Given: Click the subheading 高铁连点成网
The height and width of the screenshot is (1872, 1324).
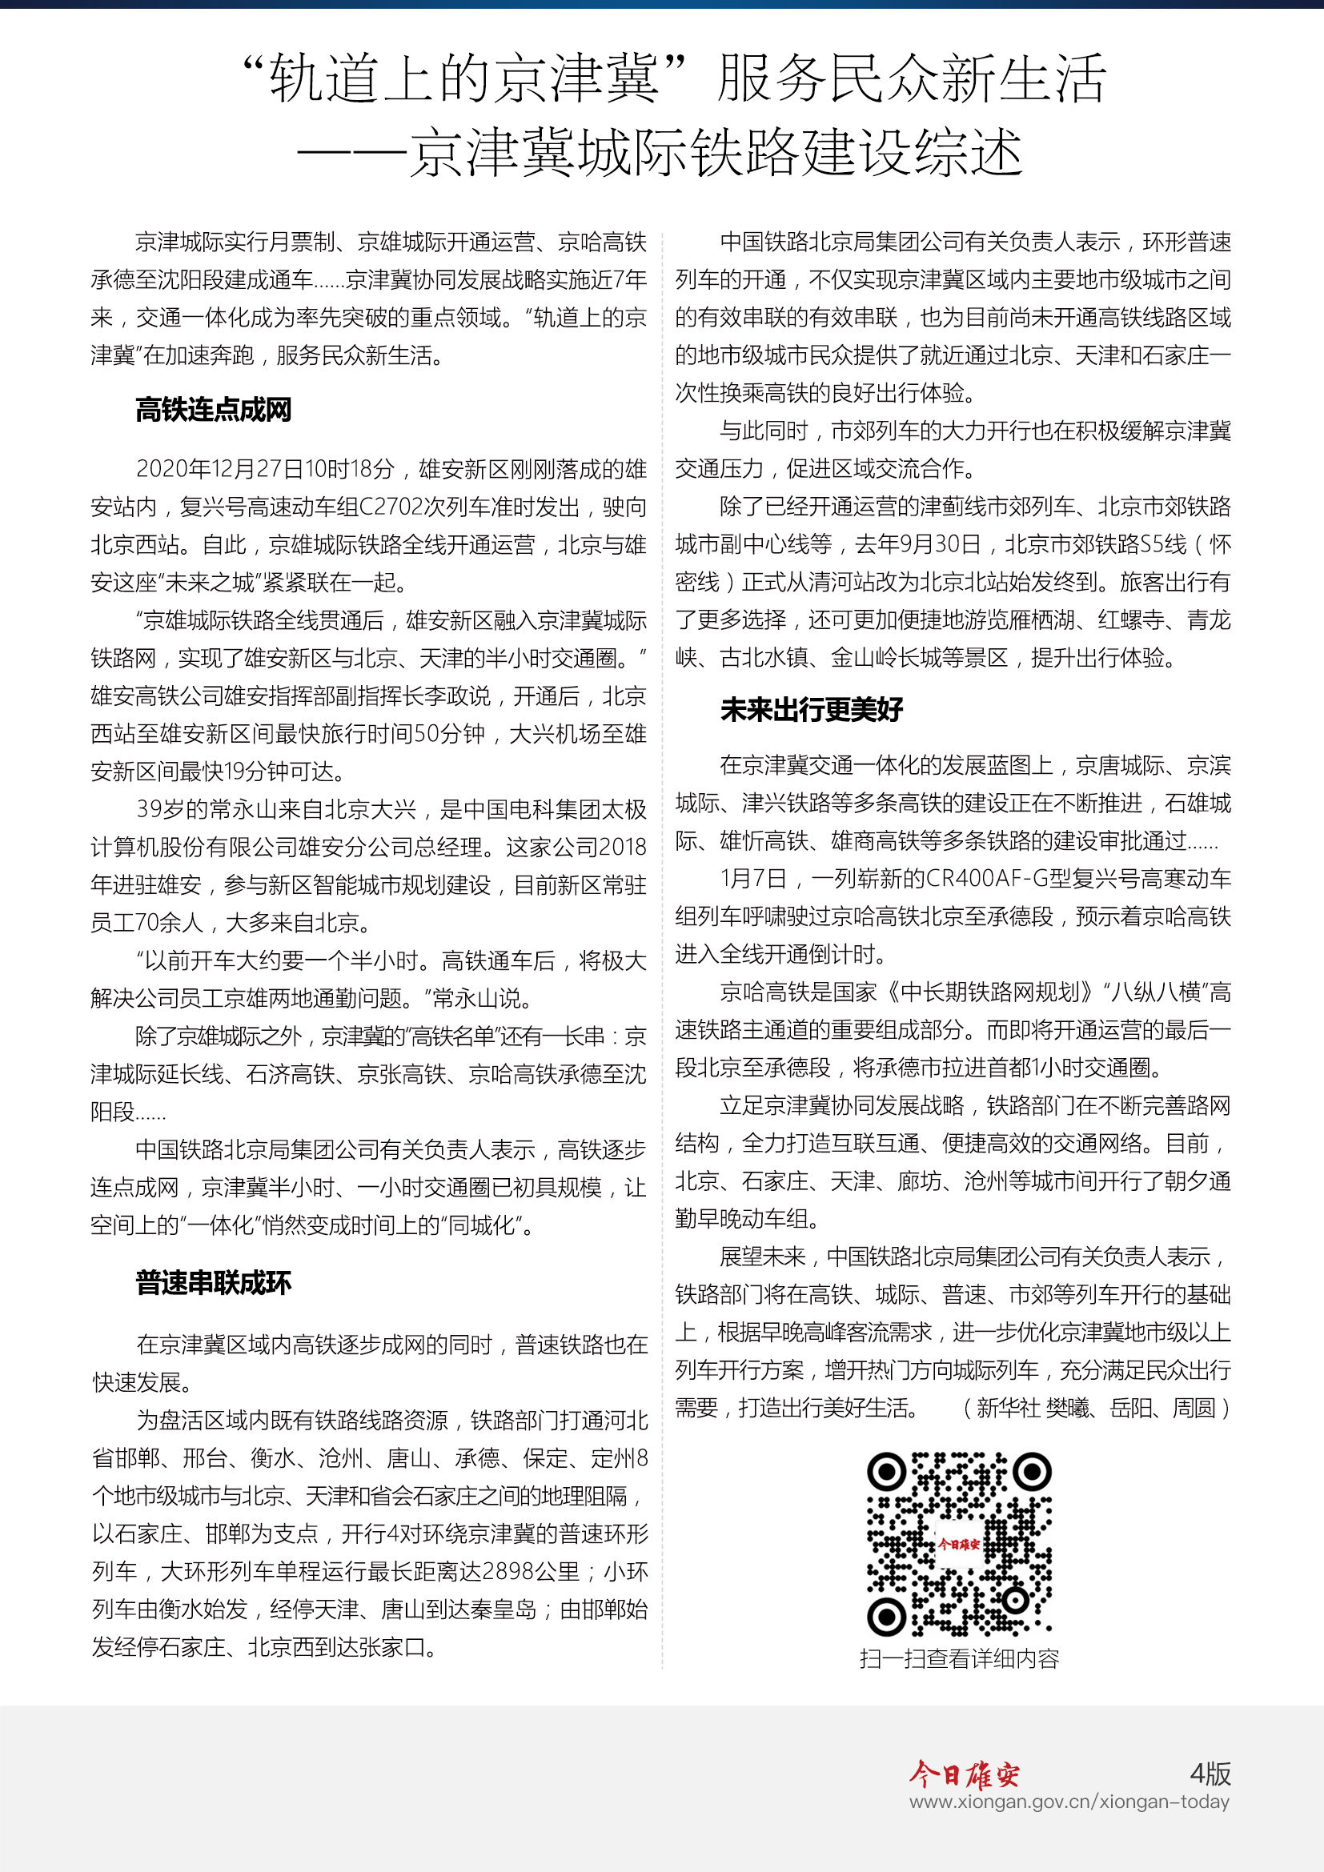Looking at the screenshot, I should pyautogui.click(x=213, y=409).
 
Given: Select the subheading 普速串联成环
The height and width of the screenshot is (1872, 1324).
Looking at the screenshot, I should pyautogui.click(x=213, y=1282).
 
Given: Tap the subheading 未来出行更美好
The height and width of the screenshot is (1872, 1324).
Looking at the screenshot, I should pyautogui.click(x=811, y=709).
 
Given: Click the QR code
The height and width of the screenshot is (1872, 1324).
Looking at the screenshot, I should pyautogui.click(x=959, y=1543).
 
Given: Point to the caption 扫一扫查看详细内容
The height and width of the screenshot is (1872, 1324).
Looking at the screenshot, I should pyautogui.click(x=959, y=1658).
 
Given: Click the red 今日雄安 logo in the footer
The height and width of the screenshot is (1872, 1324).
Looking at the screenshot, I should pyautogui.click(x=965, y=1775).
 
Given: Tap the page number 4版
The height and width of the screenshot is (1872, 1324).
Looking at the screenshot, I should pyautogui.click(x=1210, y=1774).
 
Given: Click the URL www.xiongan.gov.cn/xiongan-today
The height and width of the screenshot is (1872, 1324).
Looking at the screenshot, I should pyautogui.click(x=1069, y=1802).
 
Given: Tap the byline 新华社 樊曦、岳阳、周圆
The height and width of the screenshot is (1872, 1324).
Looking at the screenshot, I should pyautogui.click(x=1096, y=1408).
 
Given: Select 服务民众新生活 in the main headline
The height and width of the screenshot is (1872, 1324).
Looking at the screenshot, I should pyautogui.click(x=910, y=79).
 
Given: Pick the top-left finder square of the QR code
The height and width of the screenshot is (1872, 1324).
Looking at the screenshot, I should pyautogui.click(x=885, y=1472).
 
